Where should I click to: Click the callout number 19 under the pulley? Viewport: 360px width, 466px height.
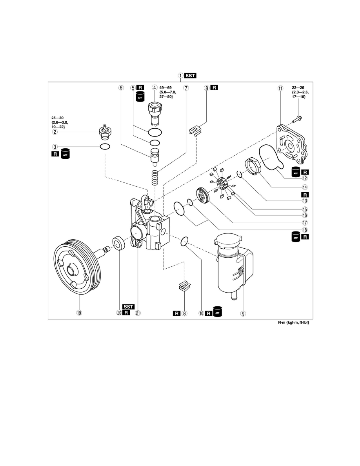(x=79, y=313)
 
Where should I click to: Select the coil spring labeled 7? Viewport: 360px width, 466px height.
(x=155, y=177)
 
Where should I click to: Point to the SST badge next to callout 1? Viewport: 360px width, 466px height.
(x=191, y=75)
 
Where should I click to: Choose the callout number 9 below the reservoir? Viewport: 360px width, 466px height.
(x=243, y=313)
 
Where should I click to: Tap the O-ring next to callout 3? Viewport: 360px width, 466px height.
(x=105, y=147)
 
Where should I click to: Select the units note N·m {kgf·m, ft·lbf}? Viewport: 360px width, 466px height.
(x=293, y=322)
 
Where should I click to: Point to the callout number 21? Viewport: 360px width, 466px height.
(x=138, y=313)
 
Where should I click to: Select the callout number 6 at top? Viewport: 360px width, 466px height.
(x=121, y=88)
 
